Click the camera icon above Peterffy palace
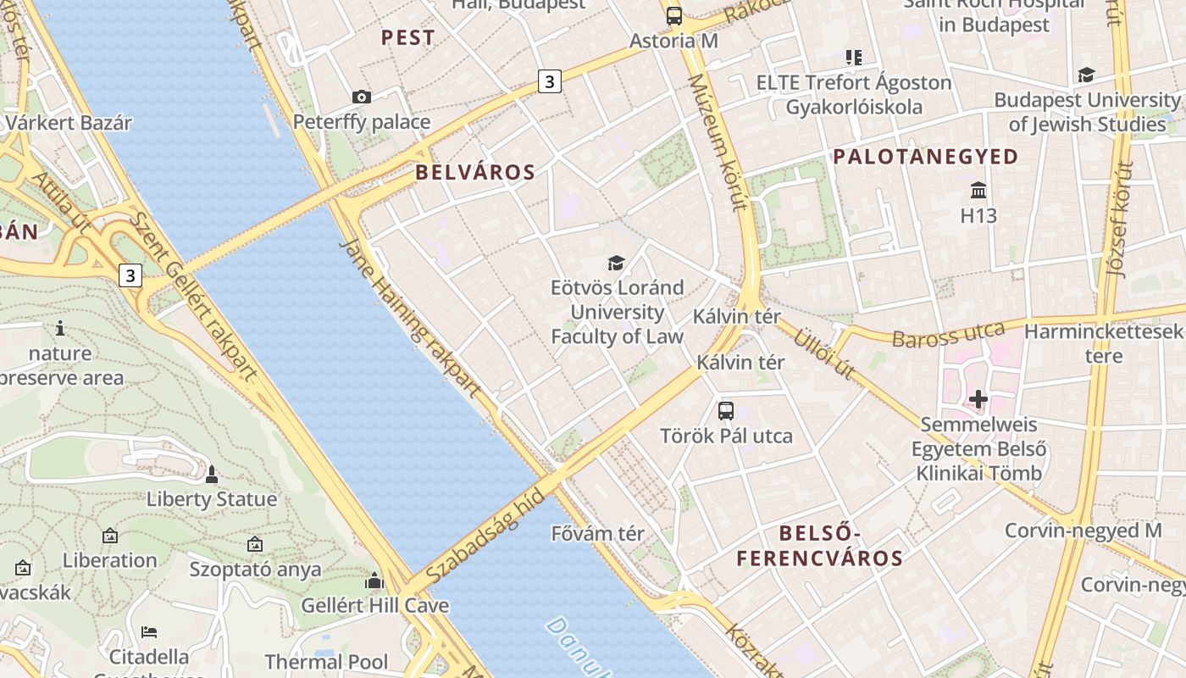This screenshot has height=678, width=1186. click(x=362, y=97)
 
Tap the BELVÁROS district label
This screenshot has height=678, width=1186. click(x=475, y=172)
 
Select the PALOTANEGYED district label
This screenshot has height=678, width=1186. click(x=925, y=157)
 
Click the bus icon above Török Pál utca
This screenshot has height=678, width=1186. click(x=726, y=411)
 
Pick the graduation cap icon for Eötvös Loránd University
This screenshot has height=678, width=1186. click(x=616, y=263)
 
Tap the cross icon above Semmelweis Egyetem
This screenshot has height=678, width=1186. click(x=978, y=398)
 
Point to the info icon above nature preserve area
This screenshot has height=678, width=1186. click(x=59, y=328)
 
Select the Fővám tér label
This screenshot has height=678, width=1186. click(x=598, y=534)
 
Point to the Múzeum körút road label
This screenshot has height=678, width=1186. click(x=717, y=142)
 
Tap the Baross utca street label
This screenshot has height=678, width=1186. click(x=948, y=334)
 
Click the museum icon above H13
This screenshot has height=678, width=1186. click(x=978, y=189)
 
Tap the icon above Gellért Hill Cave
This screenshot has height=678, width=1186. click(x=374, y=581)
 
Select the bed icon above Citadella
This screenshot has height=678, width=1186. click(x=149, y=631)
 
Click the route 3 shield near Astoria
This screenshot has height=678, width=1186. click(x=550, y=82)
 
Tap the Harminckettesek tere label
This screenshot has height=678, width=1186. click(x=1103, y=342)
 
